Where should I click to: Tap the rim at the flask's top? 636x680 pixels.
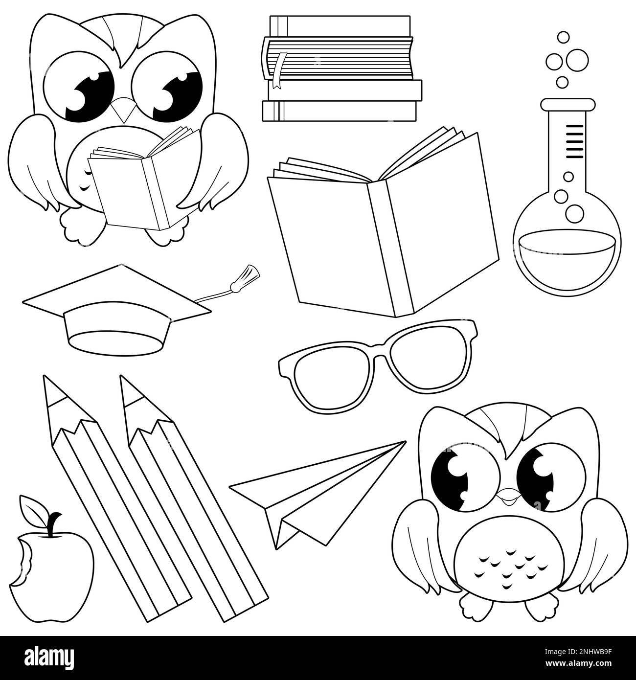tap(568, 104)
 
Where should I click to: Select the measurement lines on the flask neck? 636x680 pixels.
tap(574, 141)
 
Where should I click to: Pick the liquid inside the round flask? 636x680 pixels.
tap(567, 261)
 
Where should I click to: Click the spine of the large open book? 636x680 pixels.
tap(390, 247)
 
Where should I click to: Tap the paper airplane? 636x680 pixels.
tap(317, 495)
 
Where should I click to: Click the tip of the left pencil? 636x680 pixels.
tap(44, 376)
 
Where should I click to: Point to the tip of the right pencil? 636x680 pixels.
tap(121, 376)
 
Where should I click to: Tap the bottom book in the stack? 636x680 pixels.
tap(340, 111)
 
